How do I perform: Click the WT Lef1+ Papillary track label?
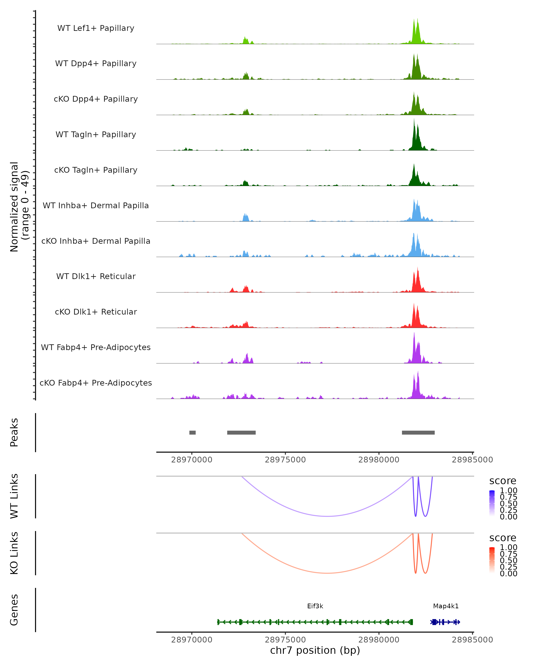[96, 28]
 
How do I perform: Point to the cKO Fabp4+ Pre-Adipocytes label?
[96, 383]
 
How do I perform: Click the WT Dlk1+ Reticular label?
[96, 276]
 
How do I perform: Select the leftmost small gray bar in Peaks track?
[193, 432]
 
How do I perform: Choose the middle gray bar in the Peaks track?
[241, 432]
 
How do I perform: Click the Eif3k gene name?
[315, 606]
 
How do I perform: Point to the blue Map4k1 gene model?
[445, 622]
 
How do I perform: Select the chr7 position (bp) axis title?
[315, 650]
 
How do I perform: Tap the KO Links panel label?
[14, 553]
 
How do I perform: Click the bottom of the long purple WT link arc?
[328, 516]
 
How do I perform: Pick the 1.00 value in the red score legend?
[509, 547]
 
